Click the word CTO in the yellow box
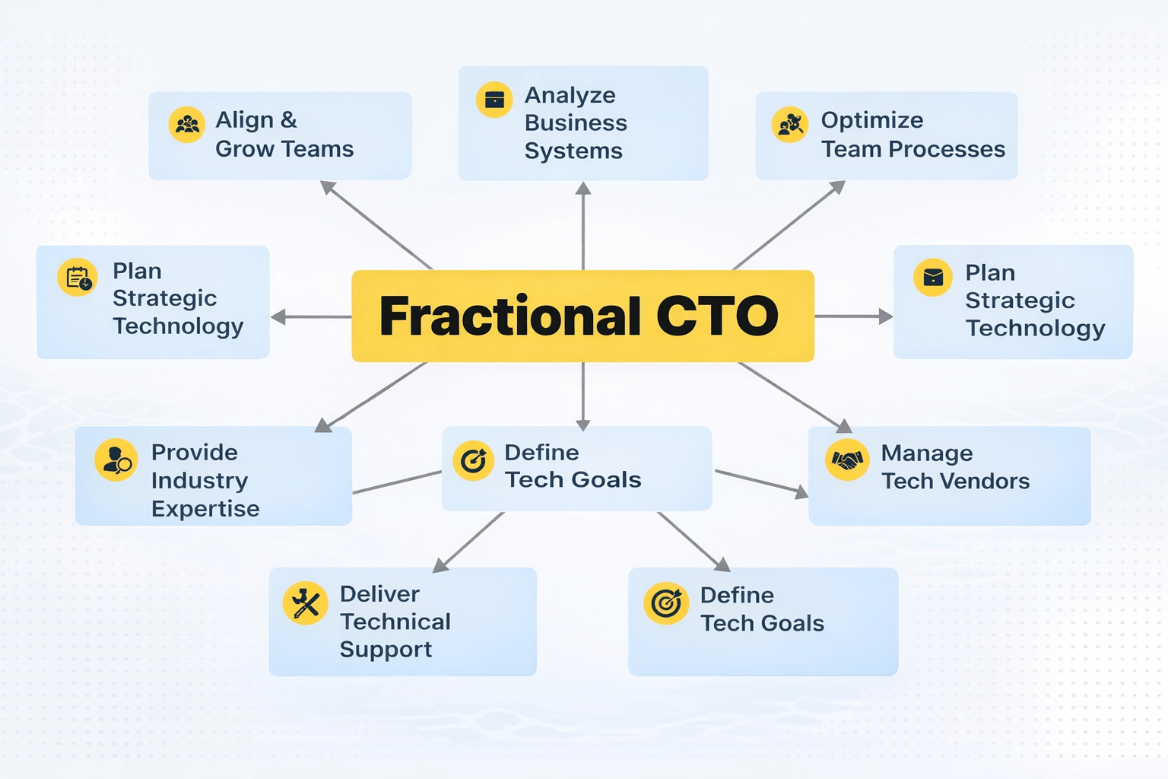pos(717,316)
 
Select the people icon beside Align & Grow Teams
pos(186,125)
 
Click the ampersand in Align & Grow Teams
pos(288,120)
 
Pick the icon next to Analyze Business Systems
pos(494,100)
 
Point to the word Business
pos(576,122)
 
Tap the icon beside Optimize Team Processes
pos(790,125)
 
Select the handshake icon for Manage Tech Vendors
pos(846,459)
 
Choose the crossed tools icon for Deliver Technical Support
pos(305,603)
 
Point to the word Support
pos(386,650)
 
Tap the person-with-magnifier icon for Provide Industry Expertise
pos(116,459)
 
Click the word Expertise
pos(205,508)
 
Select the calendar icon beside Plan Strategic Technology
pos(78,278)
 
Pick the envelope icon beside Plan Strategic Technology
pos(933,278)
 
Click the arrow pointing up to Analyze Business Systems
pos(583,225)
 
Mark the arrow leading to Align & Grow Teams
pos(376,225)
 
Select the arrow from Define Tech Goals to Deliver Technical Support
pos(468,542)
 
